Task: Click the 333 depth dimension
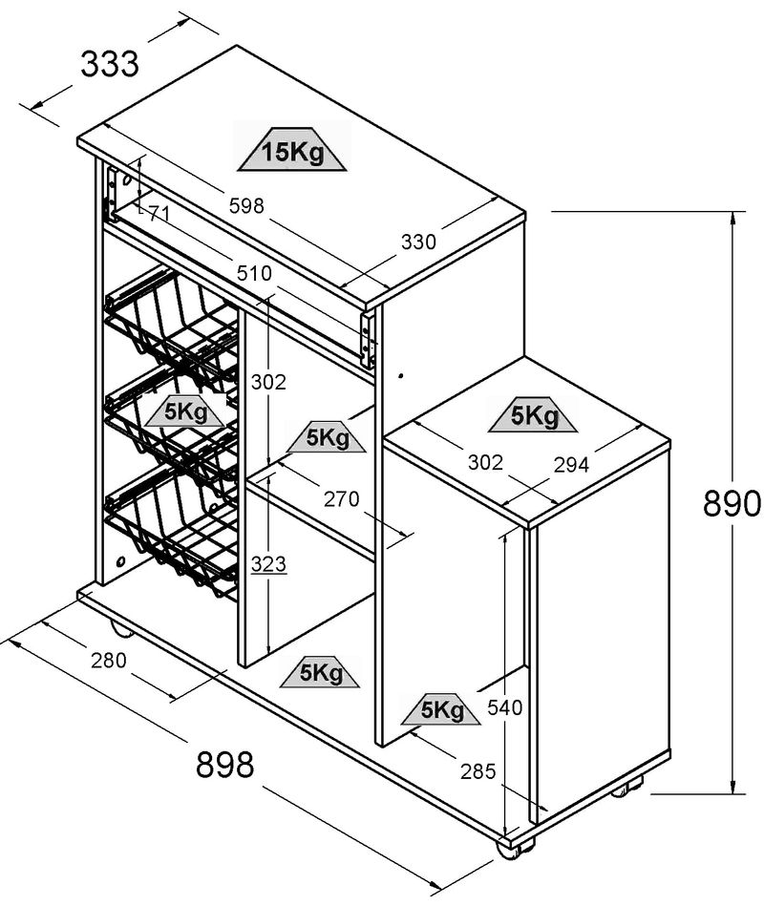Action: point(110,65)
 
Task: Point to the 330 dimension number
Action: point(417,242)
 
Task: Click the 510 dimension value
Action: point(255,273)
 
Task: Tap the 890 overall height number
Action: point(731,503)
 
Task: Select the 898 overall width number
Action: point(225,764)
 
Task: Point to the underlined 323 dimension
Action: point(268,563)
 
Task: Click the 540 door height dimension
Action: point(504,707)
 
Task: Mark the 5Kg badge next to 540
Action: point(442,709)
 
